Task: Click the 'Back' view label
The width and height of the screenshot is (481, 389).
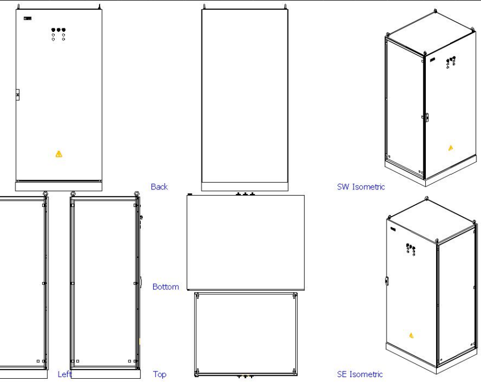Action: tap(159, 187)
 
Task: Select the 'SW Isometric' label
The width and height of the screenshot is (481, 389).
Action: tap(361, 187)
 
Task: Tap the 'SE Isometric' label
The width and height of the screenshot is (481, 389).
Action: tap(360, 374)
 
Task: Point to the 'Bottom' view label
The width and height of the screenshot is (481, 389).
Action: tap(166, 287)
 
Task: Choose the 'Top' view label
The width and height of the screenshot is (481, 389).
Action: tap(160, 374)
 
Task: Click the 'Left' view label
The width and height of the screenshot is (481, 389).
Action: tap(65, 374)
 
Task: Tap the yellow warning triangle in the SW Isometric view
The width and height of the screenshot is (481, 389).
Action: tap(451, 148)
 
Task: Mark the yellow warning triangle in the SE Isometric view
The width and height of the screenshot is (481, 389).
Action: tap(410, 335)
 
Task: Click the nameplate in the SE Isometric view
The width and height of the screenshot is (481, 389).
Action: tap(393, 229)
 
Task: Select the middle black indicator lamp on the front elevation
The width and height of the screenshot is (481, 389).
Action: tap(59, 30)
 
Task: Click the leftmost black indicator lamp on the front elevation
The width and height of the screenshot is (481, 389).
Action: tap(54, 30)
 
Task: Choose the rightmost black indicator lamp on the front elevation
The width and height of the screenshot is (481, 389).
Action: tap(64, 30)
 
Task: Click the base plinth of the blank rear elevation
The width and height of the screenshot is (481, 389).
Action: tap(245, 186)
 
